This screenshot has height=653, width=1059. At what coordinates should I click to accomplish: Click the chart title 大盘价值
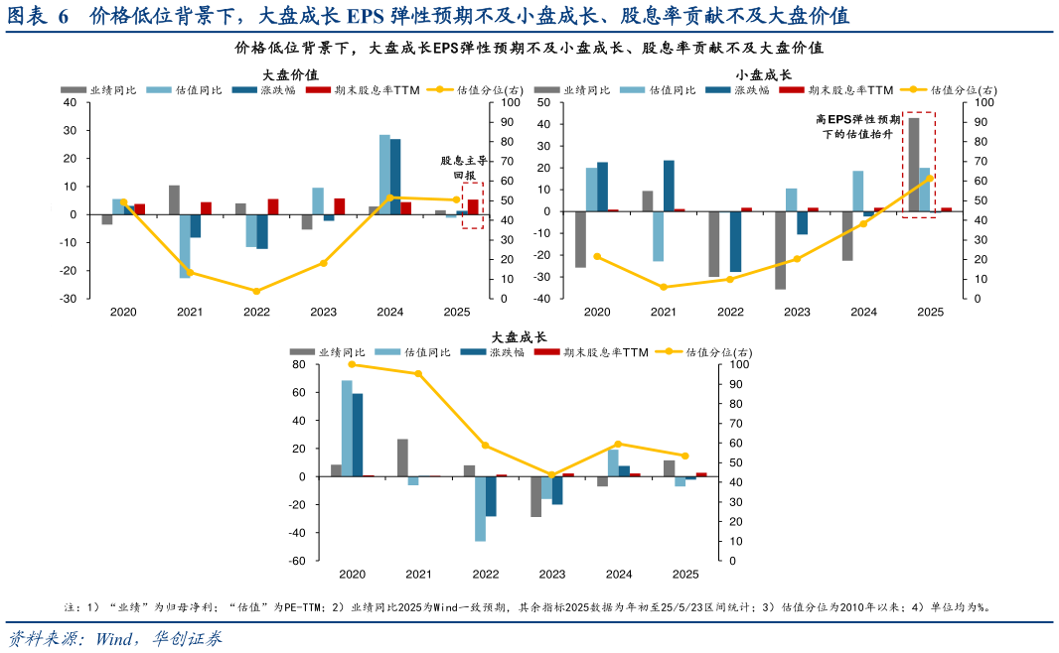click(x=290, y=74)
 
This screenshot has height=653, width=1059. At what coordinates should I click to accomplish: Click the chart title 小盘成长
click(x=763, y=74)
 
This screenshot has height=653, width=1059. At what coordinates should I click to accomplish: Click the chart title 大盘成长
click(x=519, y=337)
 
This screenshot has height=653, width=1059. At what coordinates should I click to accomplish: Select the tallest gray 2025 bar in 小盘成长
click(x=913, y=164)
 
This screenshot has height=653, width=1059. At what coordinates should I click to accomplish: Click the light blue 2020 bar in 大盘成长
click(x=347, y=428)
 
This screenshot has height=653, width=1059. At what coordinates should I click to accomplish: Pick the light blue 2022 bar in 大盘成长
click(x=480, y=508)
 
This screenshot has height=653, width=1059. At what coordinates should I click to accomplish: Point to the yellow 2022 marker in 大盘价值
click(x=256, y=291)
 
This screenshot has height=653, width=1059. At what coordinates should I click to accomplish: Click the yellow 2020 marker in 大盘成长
click(x=352, y=364)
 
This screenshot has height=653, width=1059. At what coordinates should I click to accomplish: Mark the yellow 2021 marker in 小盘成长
click(x=664, y=287)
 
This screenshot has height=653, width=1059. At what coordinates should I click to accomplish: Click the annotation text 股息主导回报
click(x=464, y=167)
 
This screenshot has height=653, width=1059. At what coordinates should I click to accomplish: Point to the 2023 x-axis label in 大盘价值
click(x=323, y=312)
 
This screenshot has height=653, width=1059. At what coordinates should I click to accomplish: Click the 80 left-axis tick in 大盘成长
click(x=297, y=365)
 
